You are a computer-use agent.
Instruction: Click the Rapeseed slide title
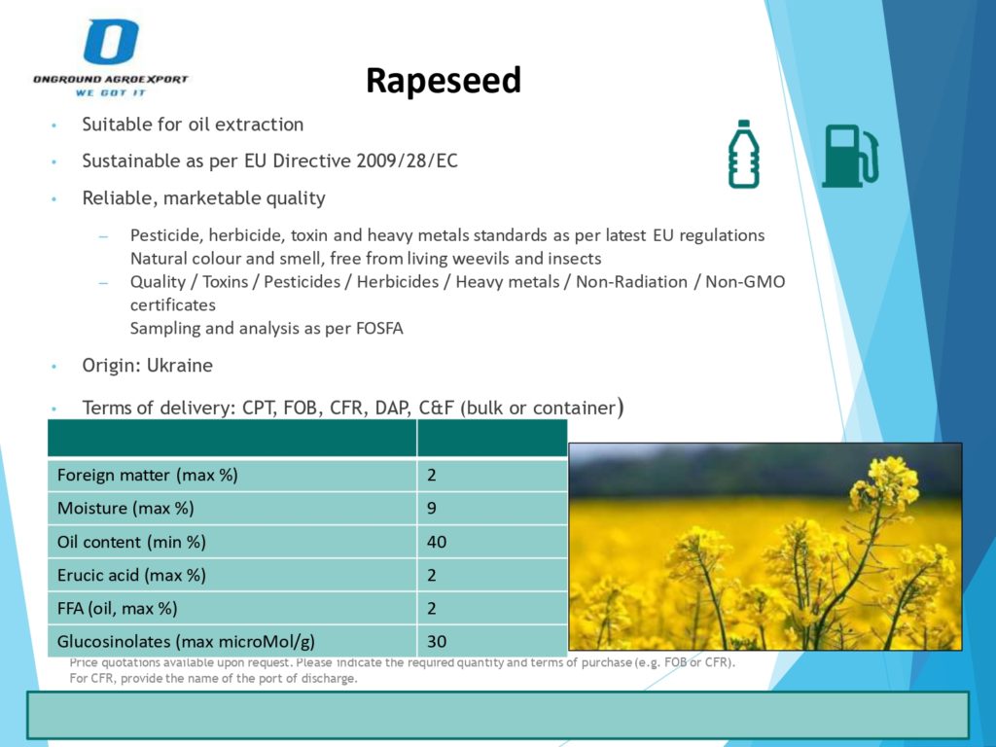point(444,81)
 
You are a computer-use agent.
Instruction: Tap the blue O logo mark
point(111,41)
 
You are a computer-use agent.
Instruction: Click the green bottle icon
point(744,155)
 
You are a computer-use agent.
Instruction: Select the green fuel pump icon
point(850,156)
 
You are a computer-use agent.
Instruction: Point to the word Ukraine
point(180,366)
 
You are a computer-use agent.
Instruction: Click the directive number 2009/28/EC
point(407,160)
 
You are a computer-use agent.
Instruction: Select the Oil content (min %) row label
point(131,542)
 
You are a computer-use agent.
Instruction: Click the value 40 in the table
point(437,542)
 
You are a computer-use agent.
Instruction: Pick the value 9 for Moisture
point(432,508)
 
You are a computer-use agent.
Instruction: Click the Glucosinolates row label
point(186,642)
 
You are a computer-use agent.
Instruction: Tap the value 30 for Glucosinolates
point(437,642)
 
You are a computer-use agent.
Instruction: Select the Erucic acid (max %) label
point(131,576)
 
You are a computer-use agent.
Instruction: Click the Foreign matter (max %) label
point(148,475)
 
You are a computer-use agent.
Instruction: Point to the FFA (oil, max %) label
point(117,609)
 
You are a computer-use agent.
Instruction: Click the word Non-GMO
point(745,282)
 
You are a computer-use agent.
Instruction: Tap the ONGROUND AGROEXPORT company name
point(111,80)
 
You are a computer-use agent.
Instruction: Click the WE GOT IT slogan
point(111,92)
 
